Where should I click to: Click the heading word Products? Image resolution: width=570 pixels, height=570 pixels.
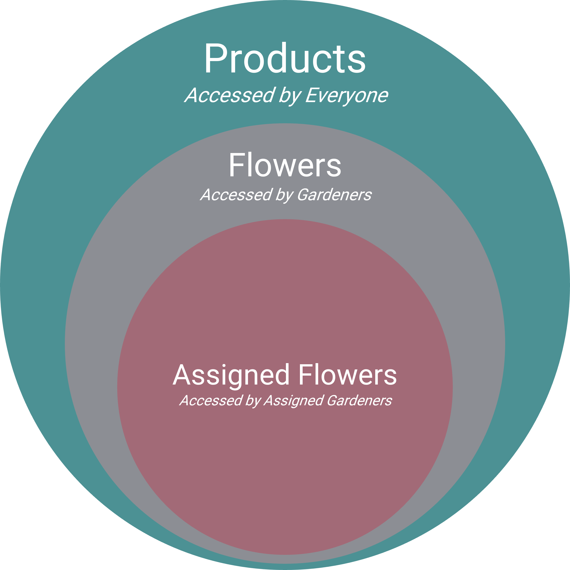click(x=285, y=58)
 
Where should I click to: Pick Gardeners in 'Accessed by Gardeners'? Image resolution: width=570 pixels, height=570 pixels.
click(x=334, y=195)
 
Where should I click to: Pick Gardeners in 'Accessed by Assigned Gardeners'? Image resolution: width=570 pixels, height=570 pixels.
click(x=359, y=401)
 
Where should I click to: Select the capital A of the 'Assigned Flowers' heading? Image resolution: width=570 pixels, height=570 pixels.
click(x=181, y=375)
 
